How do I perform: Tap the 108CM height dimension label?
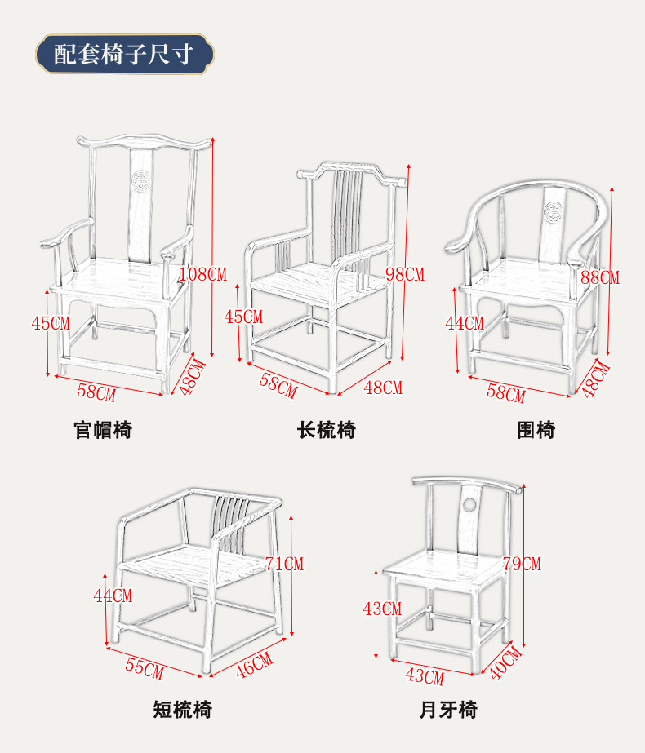pos(202,273)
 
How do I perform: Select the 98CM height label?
pos(405,274)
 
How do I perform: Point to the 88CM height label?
pos(600,277)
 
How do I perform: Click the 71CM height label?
pos(284,564)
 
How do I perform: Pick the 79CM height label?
pos(522,564)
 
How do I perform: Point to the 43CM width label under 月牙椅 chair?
pos(425,677)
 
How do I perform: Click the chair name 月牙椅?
pos(448,710)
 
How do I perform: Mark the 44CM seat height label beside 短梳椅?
pos(113,596)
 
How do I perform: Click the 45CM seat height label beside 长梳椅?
pos(243,317)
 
